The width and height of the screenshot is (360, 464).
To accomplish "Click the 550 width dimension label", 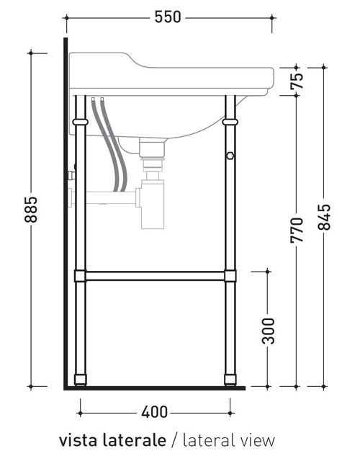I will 167,17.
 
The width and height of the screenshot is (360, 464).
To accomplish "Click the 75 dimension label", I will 297,81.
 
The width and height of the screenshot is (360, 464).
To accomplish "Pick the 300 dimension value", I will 268,330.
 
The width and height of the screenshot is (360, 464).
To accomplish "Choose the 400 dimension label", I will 155,412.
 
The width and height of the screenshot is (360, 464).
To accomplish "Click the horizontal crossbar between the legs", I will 155,275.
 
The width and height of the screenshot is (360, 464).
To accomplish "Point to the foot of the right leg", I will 230,378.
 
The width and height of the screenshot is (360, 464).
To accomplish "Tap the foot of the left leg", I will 81,378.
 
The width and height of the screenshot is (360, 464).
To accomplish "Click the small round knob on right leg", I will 230,156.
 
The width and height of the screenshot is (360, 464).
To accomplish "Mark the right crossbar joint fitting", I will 230,275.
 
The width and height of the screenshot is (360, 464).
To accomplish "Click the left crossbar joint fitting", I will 81,275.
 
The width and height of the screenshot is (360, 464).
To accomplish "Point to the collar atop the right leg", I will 230,122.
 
